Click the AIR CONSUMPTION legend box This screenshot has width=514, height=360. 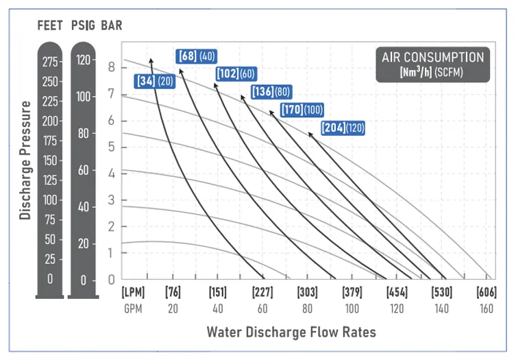click(432, 65)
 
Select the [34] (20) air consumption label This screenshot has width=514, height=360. click(155, 81)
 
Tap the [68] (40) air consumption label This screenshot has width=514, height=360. click(196, 56)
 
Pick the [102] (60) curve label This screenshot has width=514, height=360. click(236, 73)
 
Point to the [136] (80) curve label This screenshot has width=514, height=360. click(271, 92)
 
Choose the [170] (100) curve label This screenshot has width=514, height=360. click(302, 110)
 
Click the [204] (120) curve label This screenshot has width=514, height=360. click(343, 128)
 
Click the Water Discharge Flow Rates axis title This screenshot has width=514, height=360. click(291, 333)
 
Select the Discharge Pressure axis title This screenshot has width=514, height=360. click(25, 160)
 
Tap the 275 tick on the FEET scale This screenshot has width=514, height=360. click(50, 62)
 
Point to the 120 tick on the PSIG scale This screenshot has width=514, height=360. click(84, 60)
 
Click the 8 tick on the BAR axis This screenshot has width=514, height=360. click(112, 67)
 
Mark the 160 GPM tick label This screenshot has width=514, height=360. click(486, 309)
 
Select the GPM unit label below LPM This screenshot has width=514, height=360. click(132, 309)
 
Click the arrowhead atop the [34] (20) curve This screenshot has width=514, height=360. click(151, 60)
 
